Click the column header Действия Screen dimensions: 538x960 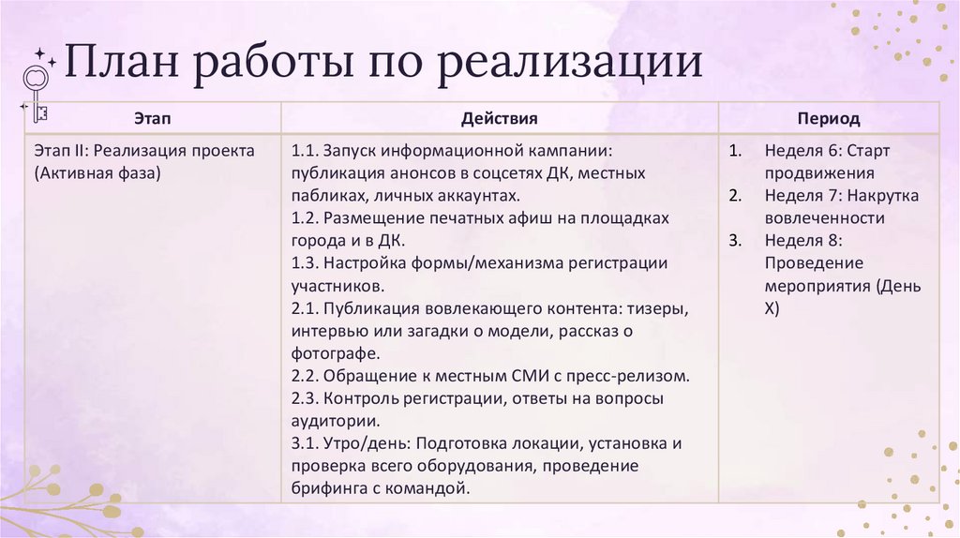500,119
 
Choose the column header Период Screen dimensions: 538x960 829,119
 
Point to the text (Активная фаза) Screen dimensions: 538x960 97,172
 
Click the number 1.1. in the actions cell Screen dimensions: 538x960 307,151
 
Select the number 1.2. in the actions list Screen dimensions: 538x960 307,218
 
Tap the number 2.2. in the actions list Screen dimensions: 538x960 307,376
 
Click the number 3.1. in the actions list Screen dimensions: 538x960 307,443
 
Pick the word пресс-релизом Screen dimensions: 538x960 636,376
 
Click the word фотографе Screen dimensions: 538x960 335,353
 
